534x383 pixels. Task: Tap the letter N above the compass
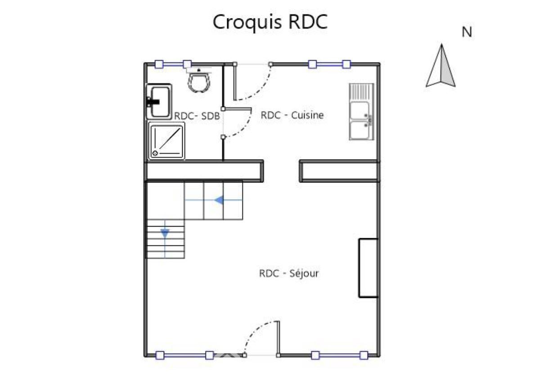[467, 32]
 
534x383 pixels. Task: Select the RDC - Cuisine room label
[292, 115]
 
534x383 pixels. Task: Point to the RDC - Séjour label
[289, 273]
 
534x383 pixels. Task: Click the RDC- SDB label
[197, 116]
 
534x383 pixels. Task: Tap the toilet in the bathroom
[198, 80]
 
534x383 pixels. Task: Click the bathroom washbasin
[159, 102]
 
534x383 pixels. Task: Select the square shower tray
[166, 141]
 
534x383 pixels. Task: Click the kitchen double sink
[361, 111]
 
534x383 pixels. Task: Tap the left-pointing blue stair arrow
[219, 200]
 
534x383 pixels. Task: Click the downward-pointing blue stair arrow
[165, 234]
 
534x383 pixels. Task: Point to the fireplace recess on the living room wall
[368, 268]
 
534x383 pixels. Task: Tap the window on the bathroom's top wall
[173, 64]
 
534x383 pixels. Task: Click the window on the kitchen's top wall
[329, 64]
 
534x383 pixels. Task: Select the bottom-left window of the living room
[184, 356]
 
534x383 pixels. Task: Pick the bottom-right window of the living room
[340, 356]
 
